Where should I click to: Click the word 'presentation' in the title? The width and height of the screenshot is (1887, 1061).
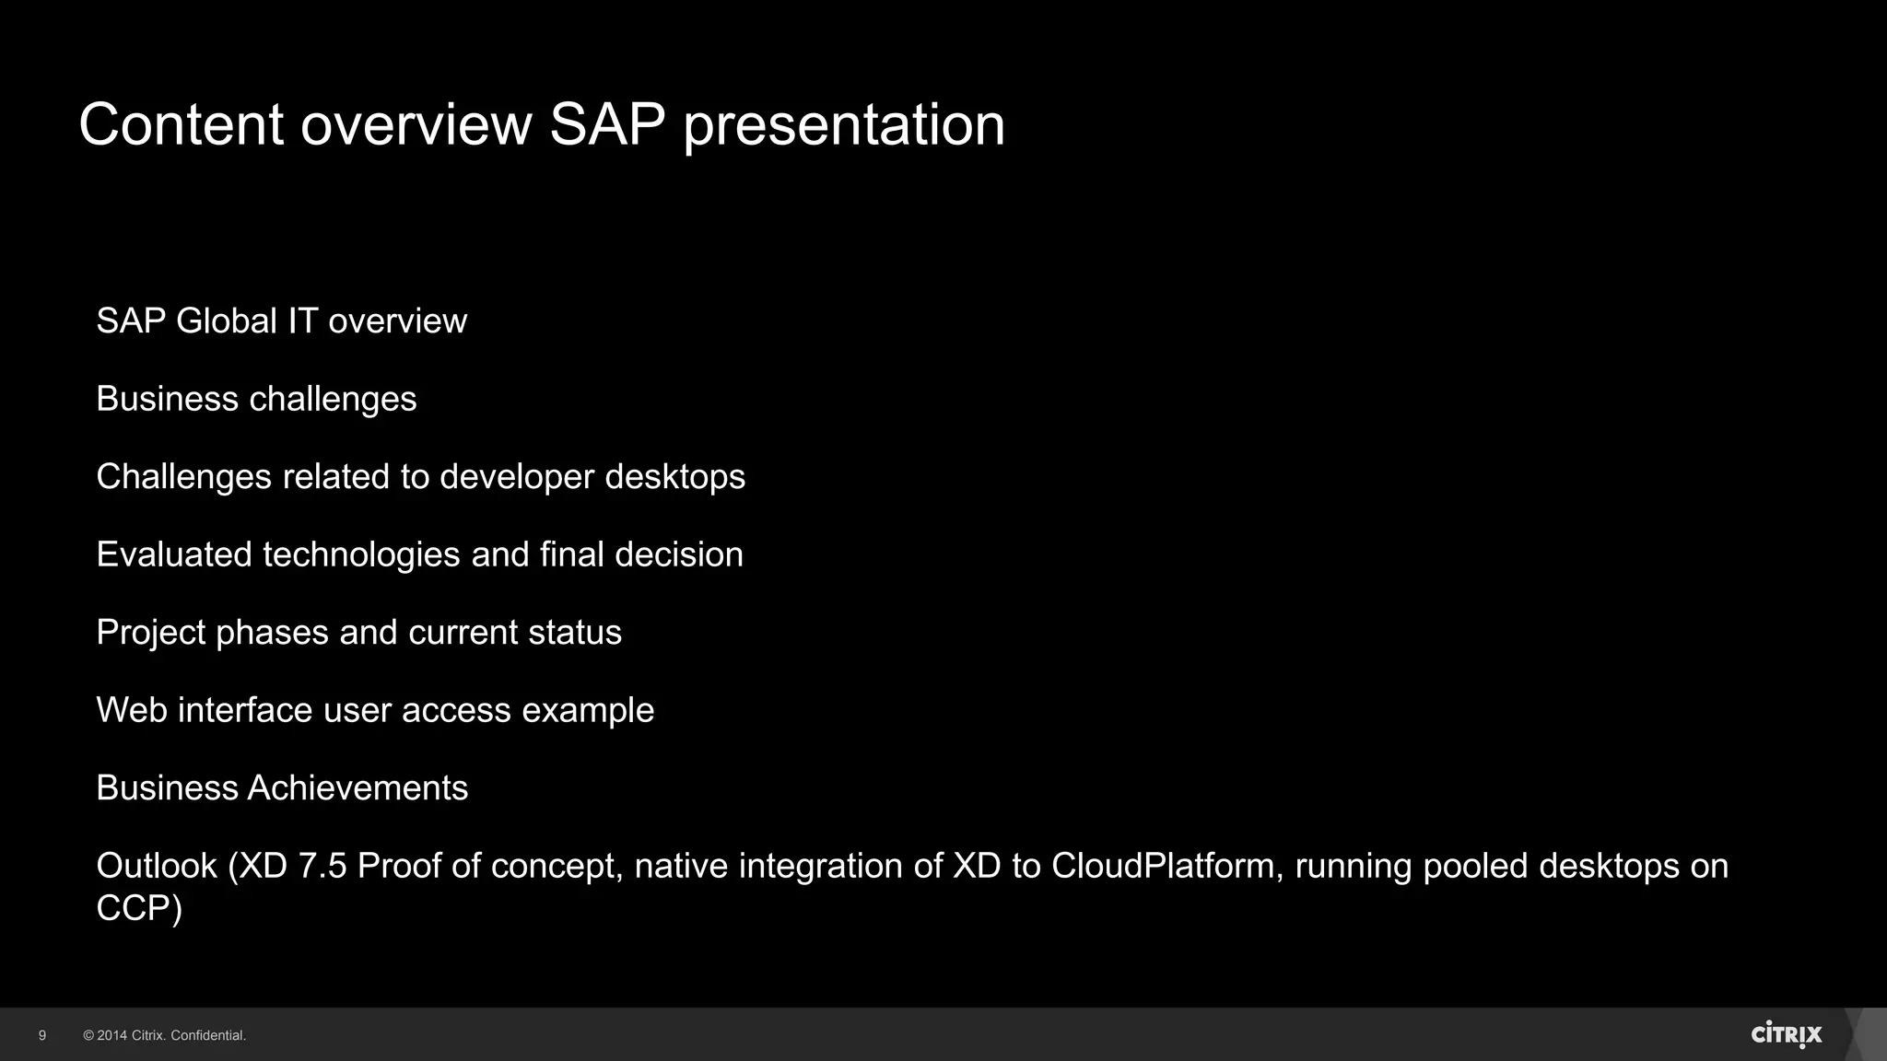click(x=843, y=125)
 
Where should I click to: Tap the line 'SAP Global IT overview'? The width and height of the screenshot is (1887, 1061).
click(x=281, y=321)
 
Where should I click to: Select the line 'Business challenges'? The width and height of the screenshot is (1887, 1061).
click(x=256, y=399)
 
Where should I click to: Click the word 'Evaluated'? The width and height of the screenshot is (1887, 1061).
click(x=174, y=554)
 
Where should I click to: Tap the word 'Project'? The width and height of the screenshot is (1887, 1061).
click(x=151, y=633)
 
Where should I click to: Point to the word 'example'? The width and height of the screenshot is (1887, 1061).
click(x=588, y=710)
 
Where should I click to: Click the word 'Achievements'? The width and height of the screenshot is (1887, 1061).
click(x=357, y=788)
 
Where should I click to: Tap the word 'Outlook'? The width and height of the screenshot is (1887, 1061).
click(x=157, y=866)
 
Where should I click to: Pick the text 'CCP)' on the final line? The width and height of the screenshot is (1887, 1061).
click(x=139, y=908)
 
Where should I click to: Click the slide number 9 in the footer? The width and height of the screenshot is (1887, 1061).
click(x=42, y=1035)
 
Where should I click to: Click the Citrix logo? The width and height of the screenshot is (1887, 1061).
click(x=1786, y=1034)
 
